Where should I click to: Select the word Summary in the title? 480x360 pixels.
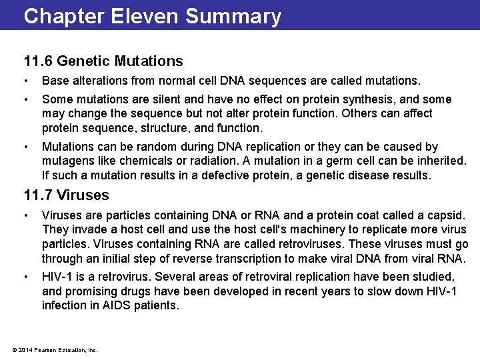[x=233, y=16]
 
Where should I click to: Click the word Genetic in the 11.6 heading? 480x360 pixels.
[x=83, y=61]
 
